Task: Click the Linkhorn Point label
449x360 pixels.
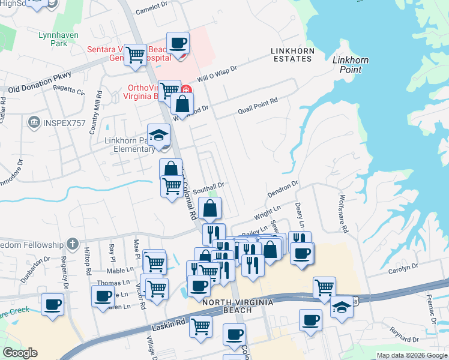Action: (351, 65)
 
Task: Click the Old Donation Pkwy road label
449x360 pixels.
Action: (40, 83)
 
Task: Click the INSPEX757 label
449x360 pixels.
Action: (61, 123)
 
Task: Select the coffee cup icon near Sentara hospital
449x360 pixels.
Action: (178, 43)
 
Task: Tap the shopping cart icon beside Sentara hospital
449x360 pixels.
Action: (136, 55)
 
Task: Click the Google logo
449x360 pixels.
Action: (20, 353)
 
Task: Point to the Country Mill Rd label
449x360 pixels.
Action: (93, 119)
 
